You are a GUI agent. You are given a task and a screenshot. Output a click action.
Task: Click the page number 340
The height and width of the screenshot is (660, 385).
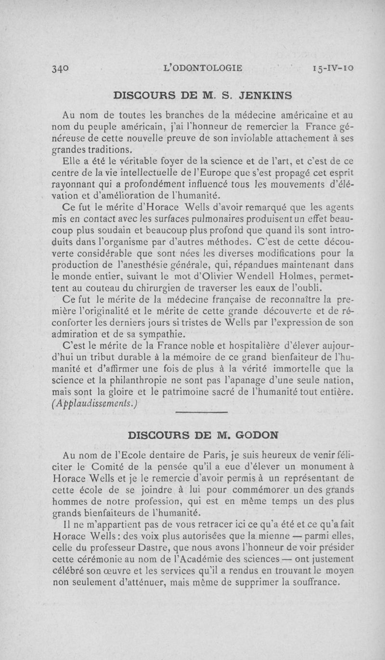coord(60,68)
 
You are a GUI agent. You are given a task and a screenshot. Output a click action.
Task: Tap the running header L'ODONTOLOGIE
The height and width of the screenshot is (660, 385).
coord(203,68)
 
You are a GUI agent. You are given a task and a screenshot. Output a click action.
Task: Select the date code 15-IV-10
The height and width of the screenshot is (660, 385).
coord(333,68)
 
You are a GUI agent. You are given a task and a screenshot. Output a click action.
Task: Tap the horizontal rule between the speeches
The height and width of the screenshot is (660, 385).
coord(201,413)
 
